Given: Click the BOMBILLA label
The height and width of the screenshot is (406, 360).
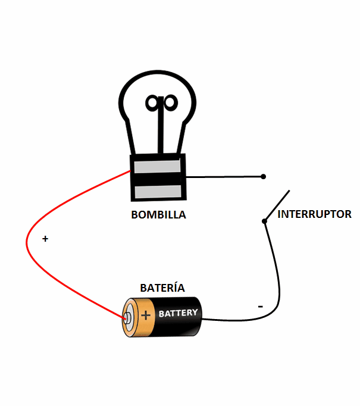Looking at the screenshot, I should (x=158, y=215).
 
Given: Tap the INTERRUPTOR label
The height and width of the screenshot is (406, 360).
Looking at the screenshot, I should (x=314, y=214).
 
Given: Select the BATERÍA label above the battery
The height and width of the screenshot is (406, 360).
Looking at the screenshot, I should (x=162, y=288).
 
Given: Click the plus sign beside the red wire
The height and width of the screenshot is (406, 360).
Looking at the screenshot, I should (x=45, y=239).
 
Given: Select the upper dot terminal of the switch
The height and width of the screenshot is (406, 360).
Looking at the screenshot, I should (x=264, y=177).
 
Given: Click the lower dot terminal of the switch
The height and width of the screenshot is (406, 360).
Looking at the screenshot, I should (x=264, y=221).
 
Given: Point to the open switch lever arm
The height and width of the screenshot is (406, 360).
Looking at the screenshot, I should (x=277, y=205).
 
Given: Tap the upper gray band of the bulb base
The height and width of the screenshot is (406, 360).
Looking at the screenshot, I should (x=157, y=166).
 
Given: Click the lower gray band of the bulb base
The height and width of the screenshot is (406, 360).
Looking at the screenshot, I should (x=157, y=192).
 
